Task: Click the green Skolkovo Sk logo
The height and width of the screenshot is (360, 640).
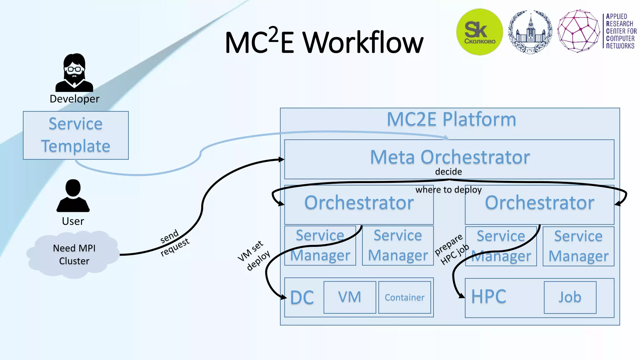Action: (x=479, y=32)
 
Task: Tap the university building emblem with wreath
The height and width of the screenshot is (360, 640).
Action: (x=530, y=32)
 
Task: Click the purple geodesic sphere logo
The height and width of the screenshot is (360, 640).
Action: (x=579, y=31)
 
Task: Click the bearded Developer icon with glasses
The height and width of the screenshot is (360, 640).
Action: (x=74, y=72)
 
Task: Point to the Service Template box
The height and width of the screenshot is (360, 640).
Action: (x=76, y=135)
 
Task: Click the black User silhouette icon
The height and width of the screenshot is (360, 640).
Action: (x=73, y=196)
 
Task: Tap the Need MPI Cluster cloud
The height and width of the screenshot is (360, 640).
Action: (x=74, y=255)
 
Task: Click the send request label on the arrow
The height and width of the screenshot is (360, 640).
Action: (x=174, y=243)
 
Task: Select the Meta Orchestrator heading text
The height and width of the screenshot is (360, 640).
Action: (x=450, y=157)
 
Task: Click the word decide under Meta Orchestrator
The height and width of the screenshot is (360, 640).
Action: (x=448, y=172)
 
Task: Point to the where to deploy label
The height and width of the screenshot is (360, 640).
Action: (x=448, y=190)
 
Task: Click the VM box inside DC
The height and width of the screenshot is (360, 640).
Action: (x=350, y=297)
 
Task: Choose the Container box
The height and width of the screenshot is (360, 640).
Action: (x=404, y=297)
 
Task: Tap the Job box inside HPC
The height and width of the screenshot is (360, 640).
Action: (x=570, y=297)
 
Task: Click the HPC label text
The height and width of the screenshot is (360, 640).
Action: (x=488, y=297)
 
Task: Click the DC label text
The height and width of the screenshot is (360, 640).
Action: (x=302, y=297)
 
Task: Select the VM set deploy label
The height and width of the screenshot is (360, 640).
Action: (x=254, y=255)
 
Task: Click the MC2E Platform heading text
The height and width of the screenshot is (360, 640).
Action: (x=451, y=119)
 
